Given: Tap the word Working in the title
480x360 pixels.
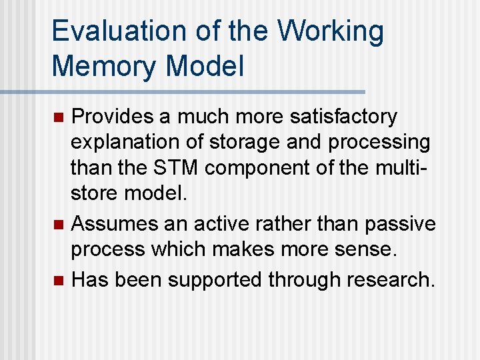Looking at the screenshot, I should pos(331,32).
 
